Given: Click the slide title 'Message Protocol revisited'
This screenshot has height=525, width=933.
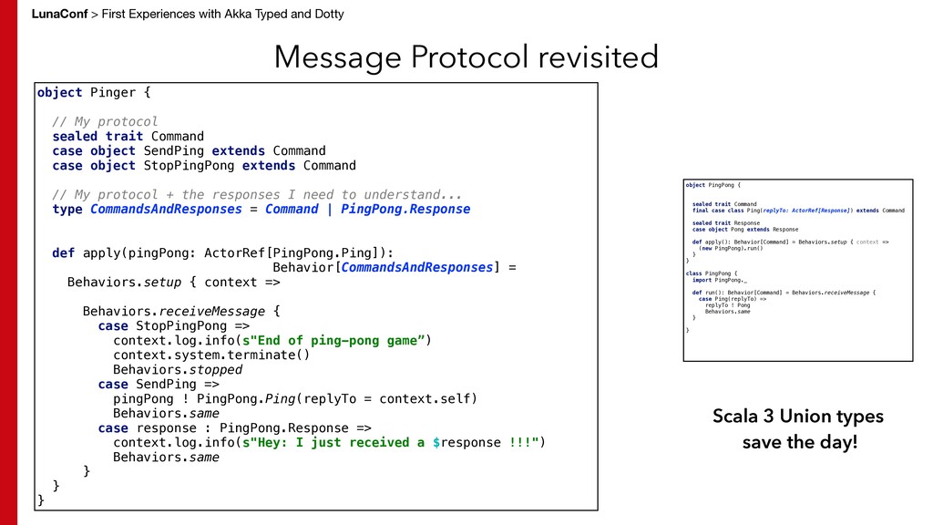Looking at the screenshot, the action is point(466,57).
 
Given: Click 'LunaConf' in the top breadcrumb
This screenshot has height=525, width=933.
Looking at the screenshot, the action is point(58,14).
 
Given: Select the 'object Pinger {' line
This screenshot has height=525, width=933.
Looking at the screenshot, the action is point(94,92).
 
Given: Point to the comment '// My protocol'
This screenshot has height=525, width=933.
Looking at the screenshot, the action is point(105,121).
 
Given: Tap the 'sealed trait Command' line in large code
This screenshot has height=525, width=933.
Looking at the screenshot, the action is point(128,136).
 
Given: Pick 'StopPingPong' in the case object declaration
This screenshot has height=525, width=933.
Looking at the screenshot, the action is point(189,165).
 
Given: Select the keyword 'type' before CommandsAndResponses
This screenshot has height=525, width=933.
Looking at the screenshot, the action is point(67,209).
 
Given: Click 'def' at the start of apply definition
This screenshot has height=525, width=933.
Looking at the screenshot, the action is point(63,252).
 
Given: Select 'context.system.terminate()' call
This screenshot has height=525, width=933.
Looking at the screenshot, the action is point(211,355).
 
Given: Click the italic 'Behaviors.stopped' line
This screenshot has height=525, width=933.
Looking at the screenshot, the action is point(178,369).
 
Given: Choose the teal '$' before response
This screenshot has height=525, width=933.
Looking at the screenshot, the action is point(436,442).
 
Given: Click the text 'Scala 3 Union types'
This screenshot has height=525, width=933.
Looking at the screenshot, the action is point(798,417).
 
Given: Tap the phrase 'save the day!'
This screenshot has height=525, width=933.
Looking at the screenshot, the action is point(799,443).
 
